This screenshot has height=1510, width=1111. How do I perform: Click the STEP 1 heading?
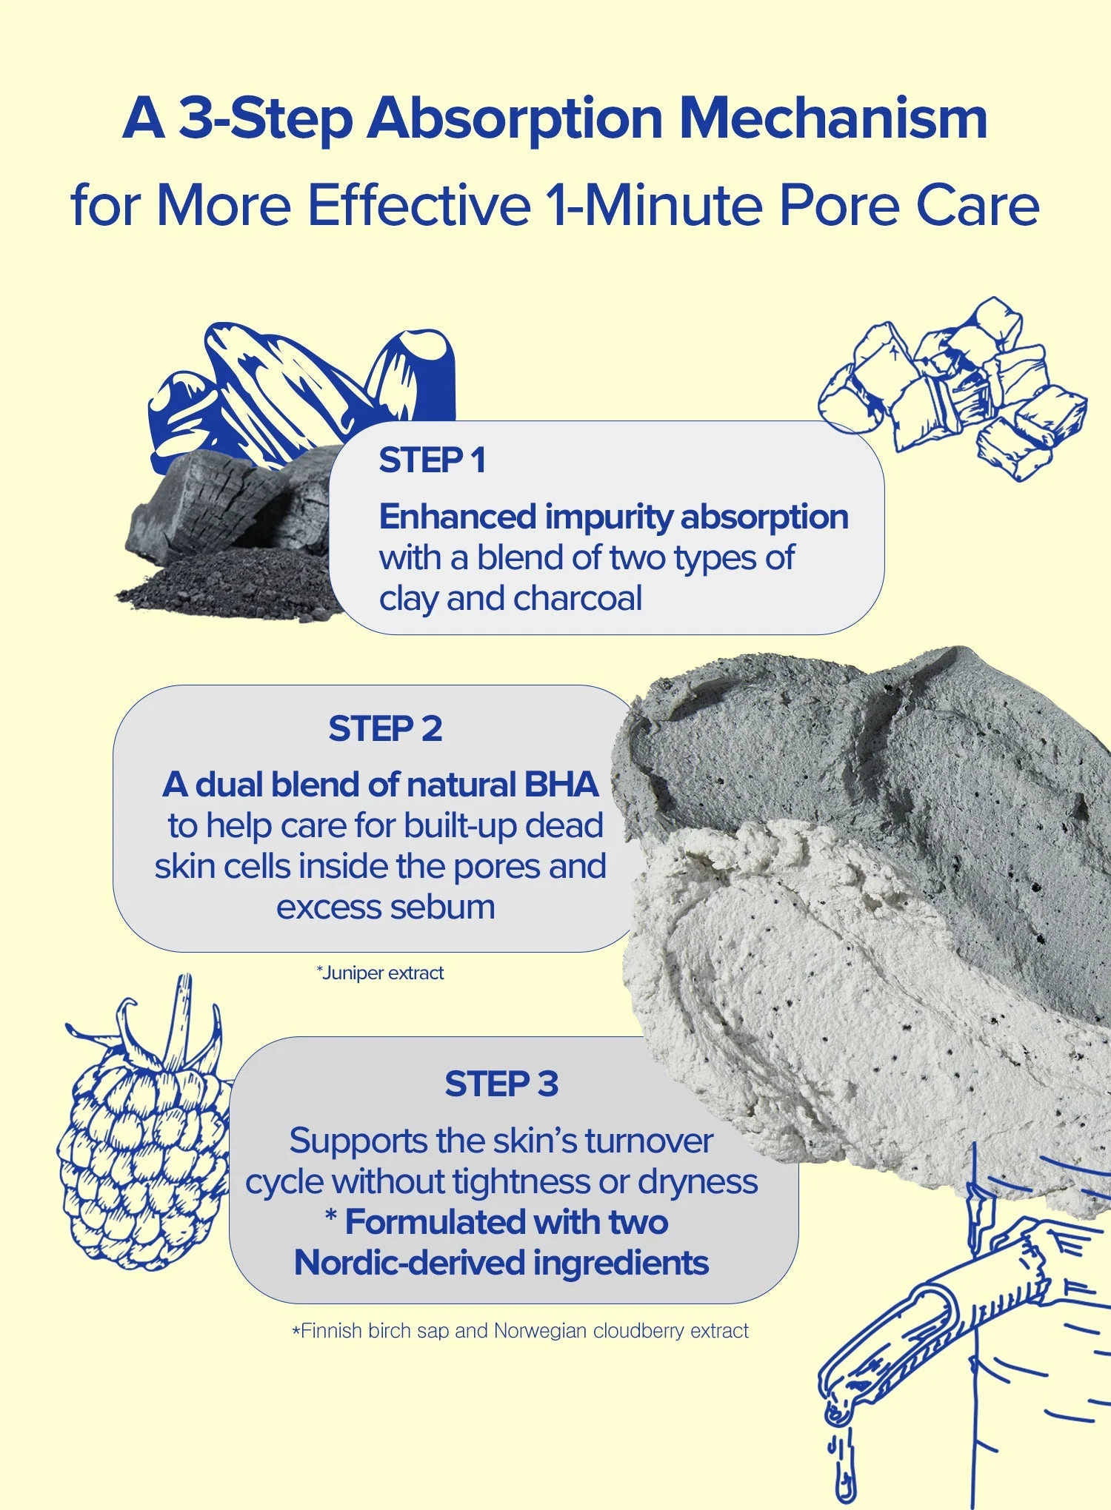coord(432,460)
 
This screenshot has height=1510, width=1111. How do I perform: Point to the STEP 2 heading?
coord(385,729)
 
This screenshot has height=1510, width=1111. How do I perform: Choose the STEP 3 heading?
coord(501,1084)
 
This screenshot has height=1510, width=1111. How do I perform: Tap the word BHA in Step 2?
coord(561,785)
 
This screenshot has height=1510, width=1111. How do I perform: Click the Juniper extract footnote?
coord(380,973)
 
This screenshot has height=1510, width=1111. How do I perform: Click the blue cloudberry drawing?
coord(144,1125)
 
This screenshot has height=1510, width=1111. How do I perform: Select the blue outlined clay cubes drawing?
coord(952,389)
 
